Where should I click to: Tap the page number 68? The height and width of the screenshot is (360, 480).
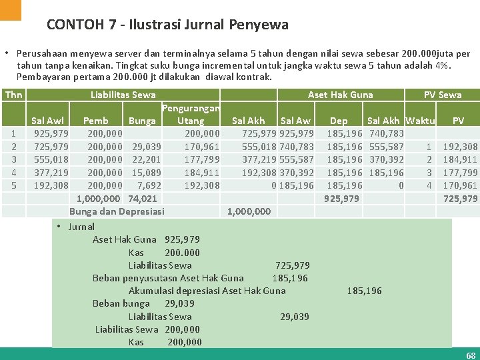(x=471, y=355)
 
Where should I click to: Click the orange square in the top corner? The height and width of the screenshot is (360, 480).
(x=11, y=9)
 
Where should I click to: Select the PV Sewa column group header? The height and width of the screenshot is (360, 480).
(x=443, y=95)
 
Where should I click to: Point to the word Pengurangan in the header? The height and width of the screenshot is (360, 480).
(x=191, y=108)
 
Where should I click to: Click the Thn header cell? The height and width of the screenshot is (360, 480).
(x=13, y=95)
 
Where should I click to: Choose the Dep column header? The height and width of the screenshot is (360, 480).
(x=339, y=121)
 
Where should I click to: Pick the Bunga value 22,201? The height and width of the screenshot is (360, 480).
(x=147, y=159)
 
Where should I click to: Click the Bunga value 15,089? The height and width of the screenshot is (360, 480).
(x=147, y=172)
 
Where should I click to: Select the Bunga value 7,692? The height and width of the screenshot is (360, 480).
(x=149, y=185)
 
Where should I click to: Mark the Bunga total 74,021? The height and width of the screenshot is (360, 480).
(x=143, y=198)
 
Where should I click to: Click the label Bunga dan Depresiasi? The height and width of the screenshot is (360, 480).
(x=117, y=211)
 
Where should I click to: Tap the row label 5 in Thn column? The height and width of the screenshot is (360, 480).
(x=14, y=185)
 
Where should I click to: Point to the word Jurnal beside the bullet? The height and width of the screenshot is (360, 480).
(x=81, y=227)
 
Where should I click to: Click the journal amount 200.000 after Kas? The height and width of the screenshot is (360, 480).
(x=182, y=253)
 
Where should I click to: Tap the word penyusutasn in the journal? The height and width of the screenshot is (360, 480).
(x=151, y=278)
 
